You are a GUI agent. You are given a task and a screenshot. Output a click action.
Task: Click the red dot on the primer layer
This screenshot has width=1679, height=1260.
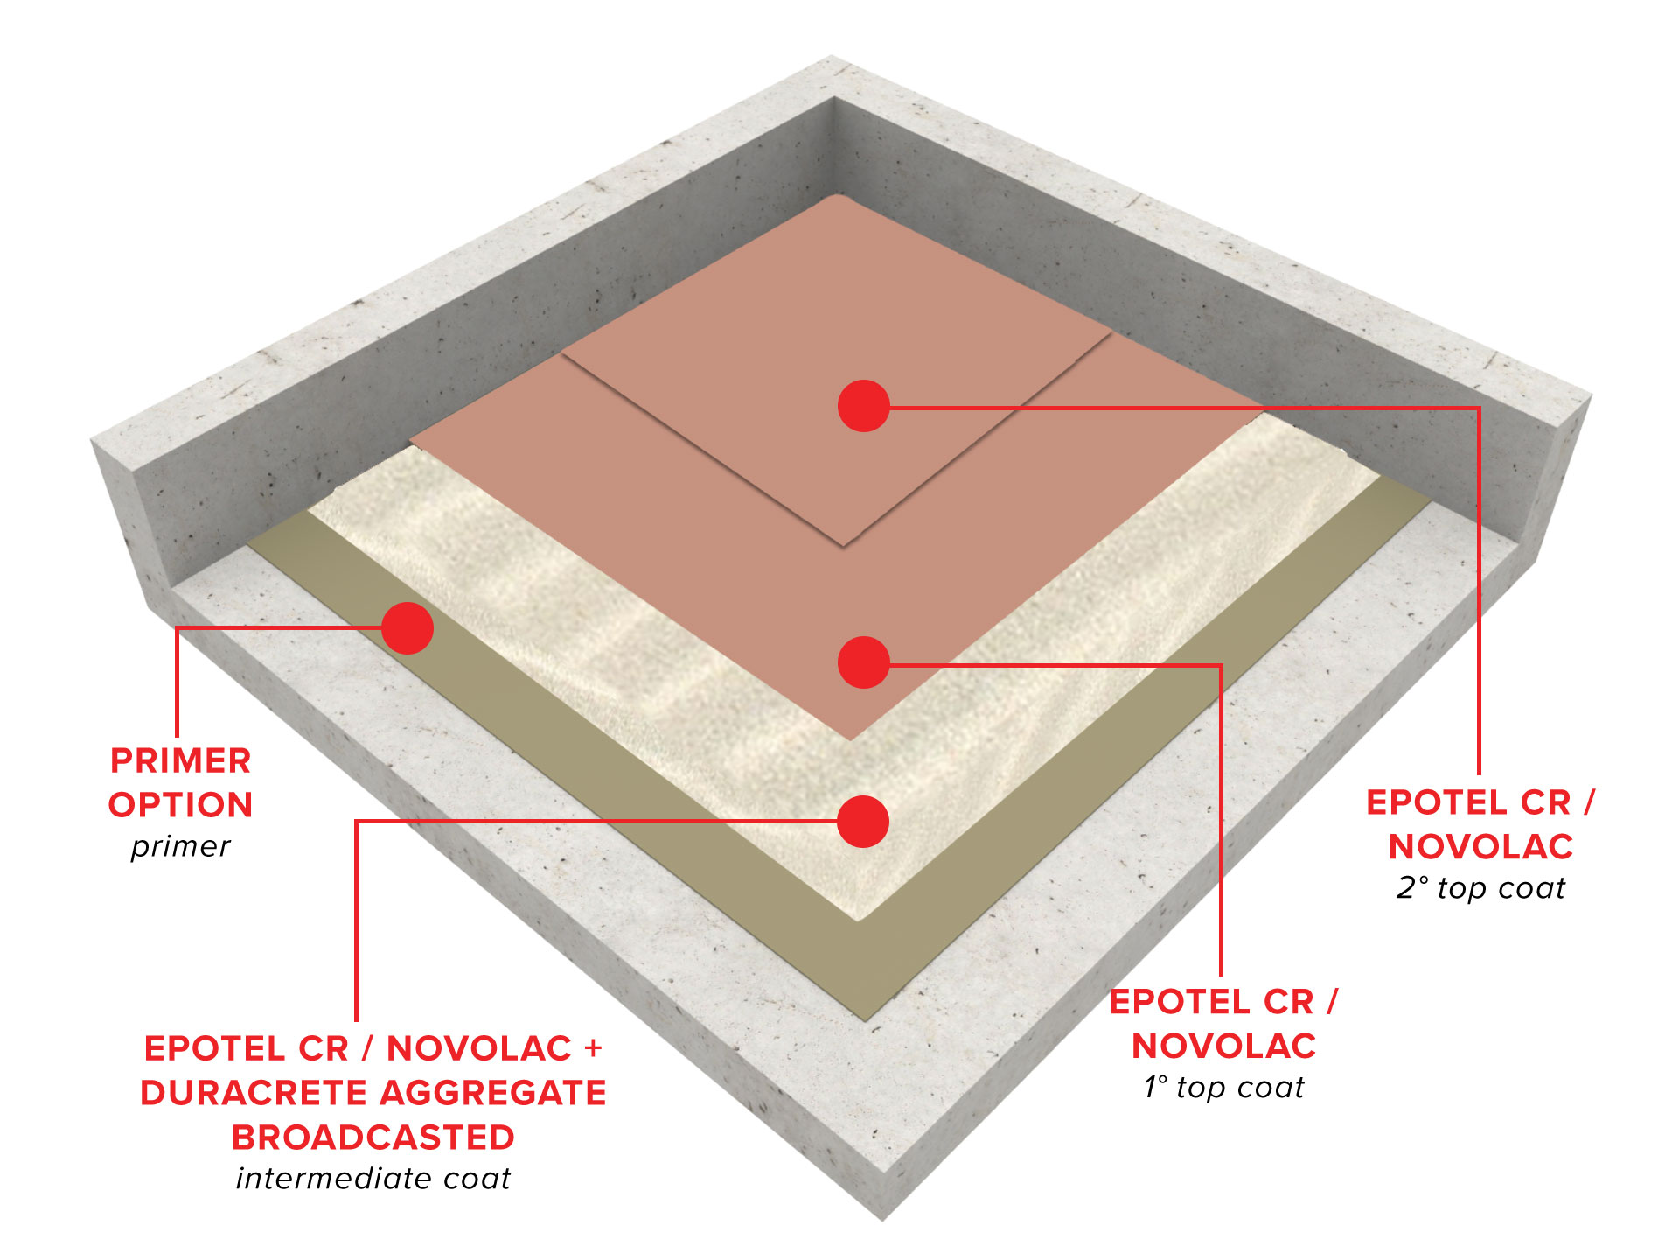pos(408,627)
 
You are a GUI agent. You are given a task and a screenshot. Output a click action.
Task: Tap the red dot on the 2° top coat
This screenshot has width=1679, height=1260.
pos(864,406)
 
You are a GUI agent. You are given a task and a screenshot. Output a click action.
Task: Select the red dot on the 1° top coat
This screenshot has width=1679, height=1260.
pos(864,662)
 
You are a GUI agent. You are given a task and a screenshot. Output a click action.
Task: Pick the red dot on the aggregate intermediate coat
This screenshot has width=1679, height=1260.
pos(863,822)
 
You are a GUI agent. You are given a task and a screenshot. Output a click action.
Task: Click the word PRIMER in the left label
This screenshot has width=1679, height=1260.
pos(181,760)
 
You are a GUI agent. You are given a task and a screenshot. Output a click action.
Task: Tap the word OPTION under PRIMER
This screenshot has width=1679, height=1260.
pos(181,805)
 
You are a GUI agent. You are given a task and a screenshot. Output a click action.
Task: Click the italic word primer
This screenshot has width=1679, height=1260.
pos(181,847)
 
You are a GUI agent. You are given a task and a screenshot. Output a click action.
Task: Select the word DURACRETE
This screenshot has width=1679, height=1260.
pos(254,1093)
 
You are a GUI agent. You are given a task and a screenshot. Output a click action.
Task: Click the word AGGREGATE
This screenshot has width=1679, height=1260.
pos(493,1093)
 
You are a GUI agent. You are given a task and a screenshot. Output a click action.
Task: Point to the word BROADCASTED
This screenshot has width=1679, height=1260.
pos(373,1137)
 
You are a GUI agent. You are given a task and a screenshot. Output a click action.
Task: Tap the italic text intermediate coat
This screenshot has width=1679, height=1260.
pos(373,1179)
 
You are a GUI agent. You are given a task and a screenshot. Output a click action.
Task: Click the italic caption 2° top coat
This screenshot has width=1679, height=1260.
pos(1480,888)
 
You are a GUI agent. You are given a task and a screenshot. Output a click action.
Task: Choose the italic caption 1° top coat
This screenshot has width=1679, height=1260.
pos(1224,1088)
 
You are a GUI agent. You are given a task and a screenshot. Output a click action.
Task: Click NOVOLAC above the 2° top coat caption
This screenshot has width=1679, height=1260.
pos(1481,846)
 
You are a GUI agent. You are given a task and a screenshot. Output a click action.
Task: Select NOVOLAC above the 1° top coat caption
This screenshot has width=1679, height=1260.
pos(1224,1046)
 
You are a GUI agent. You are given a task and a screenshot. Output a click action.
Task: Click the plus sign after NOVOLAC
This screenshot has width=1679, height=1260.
pos(594,1048)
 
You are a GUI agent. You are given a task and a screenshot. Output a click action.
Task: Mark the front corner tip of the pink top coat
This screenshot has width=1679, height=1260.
pos(850,740)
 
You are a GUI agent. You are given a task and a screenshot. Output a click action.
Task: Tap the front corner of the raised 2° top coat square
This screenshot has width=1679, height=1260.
pos(844,546)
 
